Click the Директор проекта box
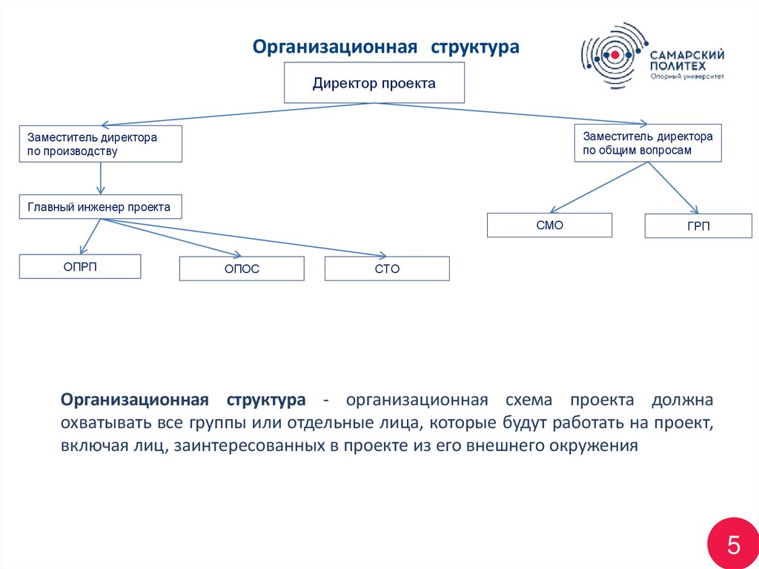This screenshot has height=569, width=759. [374, 82]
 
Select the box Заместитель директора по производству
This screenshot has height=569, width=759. [100, 144]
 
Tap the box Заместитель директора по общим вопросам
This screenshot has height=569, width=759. [648, 142]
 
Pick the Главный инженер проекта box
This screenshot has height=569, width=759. [100, 207]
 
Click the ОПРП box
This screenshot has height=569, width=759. [80, 266]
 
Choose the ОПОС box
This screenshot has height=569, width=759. [242, 269]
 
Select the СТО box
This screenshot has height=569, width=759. [387, 269]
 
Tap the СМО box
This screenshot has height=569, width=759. [549, 225]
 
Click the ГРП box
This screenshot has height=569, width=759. [698, 226]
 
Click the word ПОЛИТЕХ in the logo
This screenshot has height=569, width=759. [674, 65]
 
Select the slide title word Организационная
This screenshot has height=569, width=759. [332, 47]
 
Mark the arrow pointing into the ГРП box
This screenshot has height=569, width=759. [675, 188]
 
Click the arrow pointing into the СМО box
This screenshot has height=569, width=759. [593, 188]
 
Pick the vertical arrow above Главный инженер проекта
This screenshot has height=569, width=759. [101, 179]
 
